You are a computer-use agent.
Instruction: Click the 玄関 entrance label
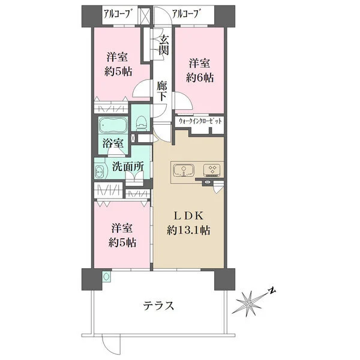164,45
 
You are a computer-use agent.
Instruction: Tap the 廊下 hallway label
162,91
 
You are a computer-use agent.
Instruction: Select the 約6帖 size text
200,78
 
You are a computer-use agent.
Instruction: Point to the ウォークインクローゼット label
200,121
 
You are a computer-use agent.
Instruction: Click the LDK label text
188,216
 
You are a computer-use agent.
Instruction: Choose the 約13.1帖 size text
188,230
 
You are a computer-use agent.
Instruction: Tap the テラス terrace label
158,305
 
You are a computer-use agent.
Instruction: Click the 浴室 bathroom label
113,143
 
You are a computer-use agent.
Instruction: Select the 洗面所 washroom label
128,166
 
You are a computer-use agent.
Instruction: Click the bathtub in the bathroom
113,125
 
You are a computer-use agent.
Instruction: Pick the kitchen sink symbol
184,170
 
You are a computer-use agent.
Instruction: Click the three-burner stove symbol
212,170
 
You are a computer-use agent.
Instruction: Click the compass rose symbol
249,304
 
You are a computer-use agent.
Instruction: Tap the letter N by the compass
272,291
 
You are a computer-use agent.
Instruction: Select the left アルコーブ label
117,14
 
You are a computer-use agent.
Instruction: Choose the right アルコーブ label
185,14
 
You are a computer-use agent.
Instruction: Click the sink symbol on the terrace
107,277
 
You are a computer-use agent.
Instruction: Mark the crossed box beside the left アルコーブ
145,16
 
